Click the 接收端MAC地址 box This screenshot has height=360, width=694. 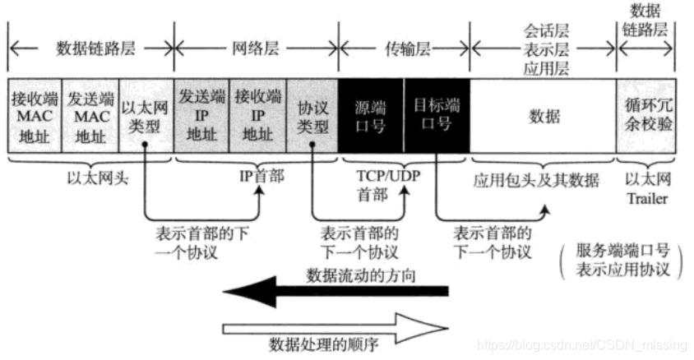coord(34,116)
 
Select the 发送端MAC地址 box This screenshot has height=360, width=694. coord(90,116)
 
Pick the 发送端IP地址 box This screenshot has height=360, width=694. coord(201,116)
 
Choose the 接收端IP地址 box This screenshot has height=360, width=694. coord(257,116)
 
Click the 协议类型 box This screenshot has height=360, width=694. coord(312,116)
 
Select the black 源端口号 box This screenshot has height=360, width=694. coord(371,116)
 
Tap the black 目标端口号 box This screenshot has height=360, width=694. coord(436,116)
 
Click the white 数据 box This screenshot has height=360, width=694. coord(544,116)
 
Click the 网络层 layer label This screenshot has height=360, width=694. coord(257,48)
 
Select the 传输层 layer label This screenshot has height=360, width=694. coord(405,48)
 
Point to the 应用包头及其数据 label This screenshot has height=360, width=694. coord(543,178)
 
